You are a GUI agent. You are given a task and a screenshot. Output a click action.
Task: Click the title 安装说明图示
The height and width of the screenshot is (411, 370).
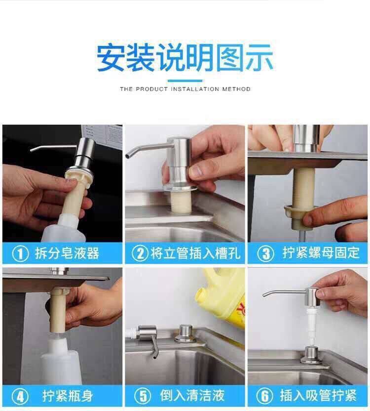pos(185,58)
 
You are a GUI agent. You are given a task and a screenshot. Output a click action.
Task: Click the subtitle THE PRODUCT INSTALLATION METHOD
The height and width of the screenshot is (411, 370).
pos(185,89)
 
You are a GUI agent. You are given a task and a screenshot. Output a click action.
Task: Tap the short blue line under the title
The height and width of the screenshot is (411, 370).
pos(185,81)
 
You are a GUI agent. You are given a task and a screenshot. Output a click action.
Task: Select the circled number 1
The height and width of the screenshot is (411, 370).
pos(20,254)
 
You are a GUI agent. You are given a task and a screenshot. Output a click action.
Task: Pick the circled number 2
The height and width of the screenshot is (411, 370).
pos(140,253)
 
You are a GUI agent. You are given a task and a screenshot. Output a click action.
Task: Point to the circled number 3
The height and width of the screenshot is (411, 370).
pos(265,253)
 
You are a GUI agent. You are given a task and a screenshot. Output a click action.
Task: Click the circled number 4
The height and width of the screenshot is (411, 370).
pos(20,396)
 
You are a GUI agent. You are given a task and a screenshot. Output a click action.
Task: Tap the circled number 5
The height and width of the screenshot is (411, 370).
pos(143,396)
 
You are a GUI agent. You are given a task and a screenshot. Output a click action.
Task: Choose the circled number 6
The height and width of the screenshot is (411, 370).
pos(264,396)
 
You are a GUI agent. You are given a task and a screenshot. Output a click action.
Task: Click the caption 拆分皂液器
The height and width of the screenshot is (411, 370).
pos(67,253)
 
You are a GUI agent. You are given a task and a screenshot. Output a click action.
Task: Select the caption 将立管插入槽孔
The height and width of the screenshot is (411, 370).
pos(195,253)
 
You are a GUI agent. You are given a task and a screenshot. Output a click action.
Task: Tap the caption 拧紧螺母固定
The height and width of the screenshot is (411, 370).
pos(321,253)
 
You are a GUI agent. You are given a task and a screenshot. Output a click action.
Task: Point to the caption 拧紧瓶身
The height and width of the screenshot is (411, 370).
pos(68,396)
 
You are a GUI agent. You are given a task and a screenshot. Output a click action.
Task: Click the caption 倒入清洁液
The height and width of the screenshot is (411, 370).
pos(192,396)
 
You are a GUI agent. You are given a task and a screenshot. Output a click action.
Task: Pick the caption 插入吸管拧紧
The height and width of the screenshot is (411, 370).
pos(318,395)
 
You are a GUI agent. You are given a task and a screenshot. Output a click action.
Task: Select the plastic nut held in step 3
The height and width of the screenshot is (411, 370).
pos(298,213)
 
